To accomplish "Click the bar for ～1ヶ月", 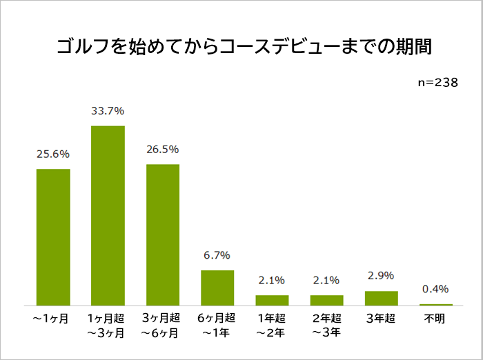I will [x=53, y=237].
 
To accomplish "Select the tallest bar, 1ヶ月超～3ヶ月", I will [x=108, y=215].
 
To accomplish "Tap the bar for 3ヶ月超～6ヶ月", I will [x=163, y=234].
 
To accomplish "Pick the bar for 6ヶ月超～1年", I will [x=217, y=288].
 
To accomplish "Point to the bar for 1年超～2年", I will [x=272, y=300].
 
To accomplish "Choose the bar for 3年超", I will [x=381, y=298].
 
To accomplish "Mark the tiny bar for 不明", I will [x=435, y=304].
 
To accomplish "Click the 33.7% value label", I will [x=108, y=110].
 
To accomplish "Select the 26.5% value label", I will [x=163, y=149].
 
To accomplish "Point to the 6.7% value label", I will [x=217, y=255].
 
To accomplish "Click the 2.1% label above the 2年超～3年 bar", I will [x=326, y=280].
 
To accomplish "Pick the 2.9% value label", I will [x=381, y=276].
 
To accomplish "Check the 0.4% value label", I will [x=435, y=288].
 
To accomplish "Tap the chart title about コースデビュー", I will [x=241, y=48].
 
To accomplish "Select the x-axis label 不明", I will [x=435, y=319].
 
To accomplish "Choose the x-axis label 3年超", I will [x=381, y=319].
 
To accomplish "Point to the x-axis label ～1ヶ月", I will [x=53, y=319].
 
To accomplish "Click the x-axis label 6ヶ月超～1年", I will [x=217, y=326].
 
